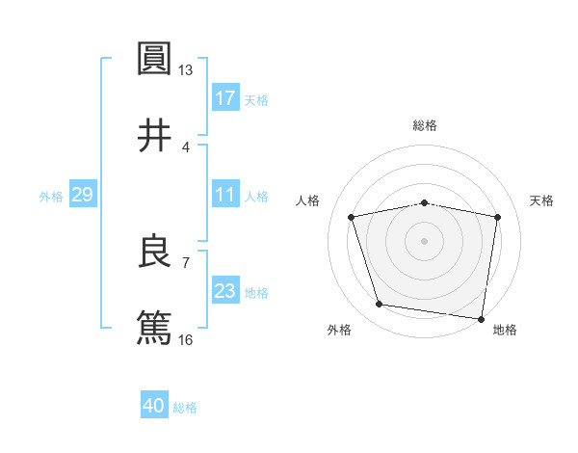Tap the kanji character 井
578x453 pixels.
154,135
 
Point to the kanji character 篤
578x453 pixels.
154,327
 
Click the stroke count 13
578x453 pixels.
186,70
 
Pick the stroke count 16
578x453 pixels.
186,339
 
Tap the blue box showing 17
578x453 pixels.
224,97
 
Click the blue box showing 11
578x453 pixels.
224,195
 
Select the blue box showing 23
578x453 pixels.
224,291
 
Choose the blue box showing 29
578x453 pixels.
82,195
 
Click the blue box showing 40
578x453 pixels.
154,406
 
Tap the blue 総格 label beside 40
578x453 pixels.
185,408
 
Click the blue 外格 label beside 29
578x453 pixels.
51,197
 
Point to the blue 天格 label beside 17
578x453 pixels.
256,99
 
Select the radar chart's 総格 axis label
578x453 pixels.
425,125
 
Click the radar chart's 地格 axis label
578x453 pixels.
505,330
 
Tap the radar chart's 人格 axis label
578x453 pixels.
309,200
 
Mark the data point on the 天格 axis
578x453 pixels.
497,217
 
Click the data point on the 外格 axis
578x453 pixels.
379,305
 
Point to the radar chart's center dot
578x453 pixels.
425,241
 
